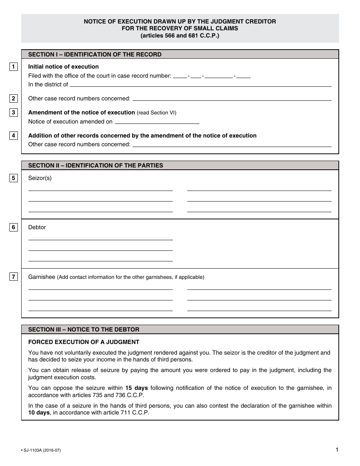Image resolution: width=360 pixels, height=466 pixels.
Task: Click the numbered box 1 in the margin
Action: coord(13,67)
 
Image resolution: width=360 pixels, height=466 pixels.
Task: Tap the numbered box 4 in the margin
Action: coord(13,136)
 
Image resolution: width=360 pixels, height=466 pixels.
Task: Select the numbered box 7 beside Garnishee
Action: coord(13,277)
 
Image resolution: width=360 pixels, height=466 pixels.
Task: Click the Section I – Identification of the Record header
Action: coord(95,55)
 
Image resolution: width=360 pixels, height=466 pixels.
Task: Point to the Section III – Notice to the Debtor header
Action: coord(84,330)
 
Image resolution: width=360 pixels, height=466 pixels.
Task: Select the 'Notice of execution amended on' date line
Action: coord(157,123)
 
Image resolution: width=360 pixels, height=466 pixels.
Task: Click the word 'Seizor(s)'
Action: coord(40,178)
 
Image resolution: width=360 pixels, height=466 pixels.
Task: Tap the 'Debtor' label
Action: coord(37,227)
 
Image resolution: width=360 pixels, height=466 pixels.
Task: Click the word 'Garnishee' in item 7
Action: coord(42,277)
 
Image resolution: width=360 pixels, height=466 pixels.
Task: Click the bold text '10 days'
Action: coord(39,413)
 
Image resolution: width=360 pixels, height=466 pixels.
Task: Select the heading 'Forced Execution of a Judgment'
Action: coord(84,342)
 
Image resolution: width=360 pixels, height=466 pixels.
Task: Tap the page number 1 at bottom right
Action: coord(337,450)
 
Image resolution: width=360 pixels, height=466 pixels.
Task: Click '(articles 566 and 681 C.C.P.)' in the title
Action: coord(180,36)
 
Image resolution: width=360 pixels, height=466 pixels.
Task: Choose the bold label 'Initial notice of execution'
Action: coord(63,67)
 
